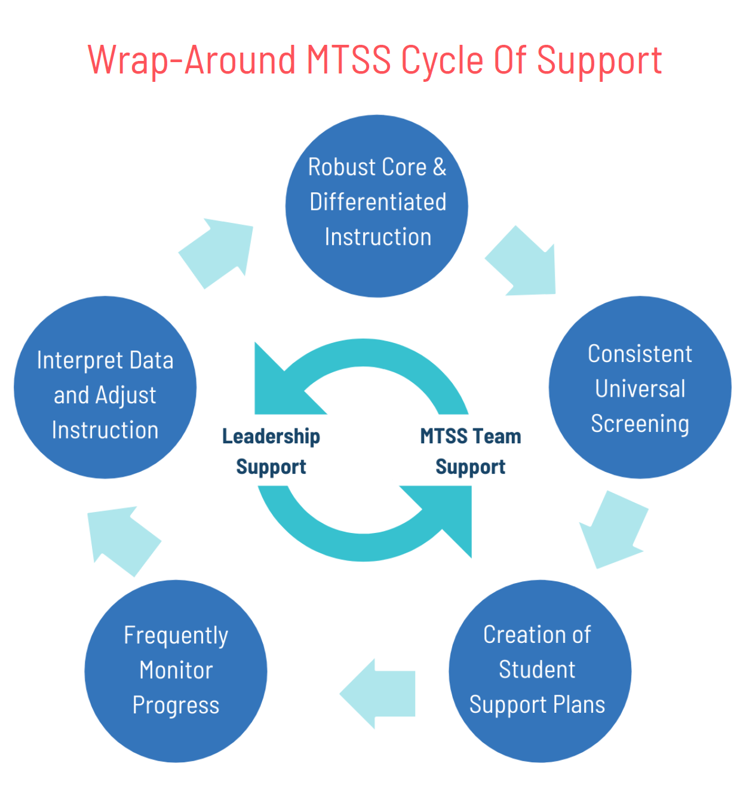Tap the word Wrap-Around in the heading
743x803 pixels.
tap(192, 60)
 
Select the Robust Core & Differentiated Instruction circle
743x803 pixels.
tap(377, 206)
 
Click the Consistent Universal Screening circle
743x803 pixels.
tap(640, 387)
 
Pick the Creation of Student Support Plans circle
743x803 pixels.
tap(539, 671)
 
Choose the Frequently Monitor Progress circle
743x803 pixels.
tap(176, 671)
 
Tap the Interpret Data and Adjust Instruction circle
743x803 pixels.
tap(105, 387)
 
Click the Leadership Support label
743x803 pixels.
tap(271, 451)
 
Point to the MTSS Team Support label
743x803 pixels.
tap(470, 451)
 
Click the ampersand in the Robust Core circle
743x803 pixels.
tap(440, 167)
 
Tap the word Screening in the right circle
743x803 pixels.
tap(640, 424)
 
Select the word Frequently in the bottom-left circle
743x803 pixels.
tap(176, 636)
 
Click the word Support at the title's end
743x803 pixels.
tap(599, 60)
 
